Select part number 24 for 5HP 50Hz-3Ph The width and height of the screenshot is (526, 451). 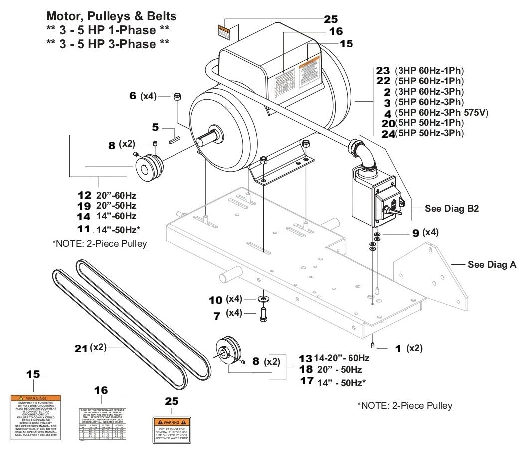pyautogui.click(x=387, y=134)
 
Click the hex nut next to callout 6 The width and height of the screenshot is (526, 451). pyautogui.click(x=176, y=97)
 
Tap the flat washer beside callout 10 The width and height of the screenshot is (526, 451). pyautogui.click(x=262, y=299)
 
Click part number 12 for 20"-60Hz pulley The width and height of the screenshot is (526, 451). pyautogui.click(x=84, y=195)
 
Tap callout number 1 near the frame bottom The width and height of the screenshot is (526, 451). pyautogui.click(x=398, y=349)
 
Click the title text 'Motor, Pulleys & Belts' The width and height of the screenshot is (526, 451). pyautogui.click(x=111, y=16)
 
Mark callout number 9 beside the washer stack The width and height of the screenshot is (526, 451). pyautogui.click(x=416, y=232)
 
